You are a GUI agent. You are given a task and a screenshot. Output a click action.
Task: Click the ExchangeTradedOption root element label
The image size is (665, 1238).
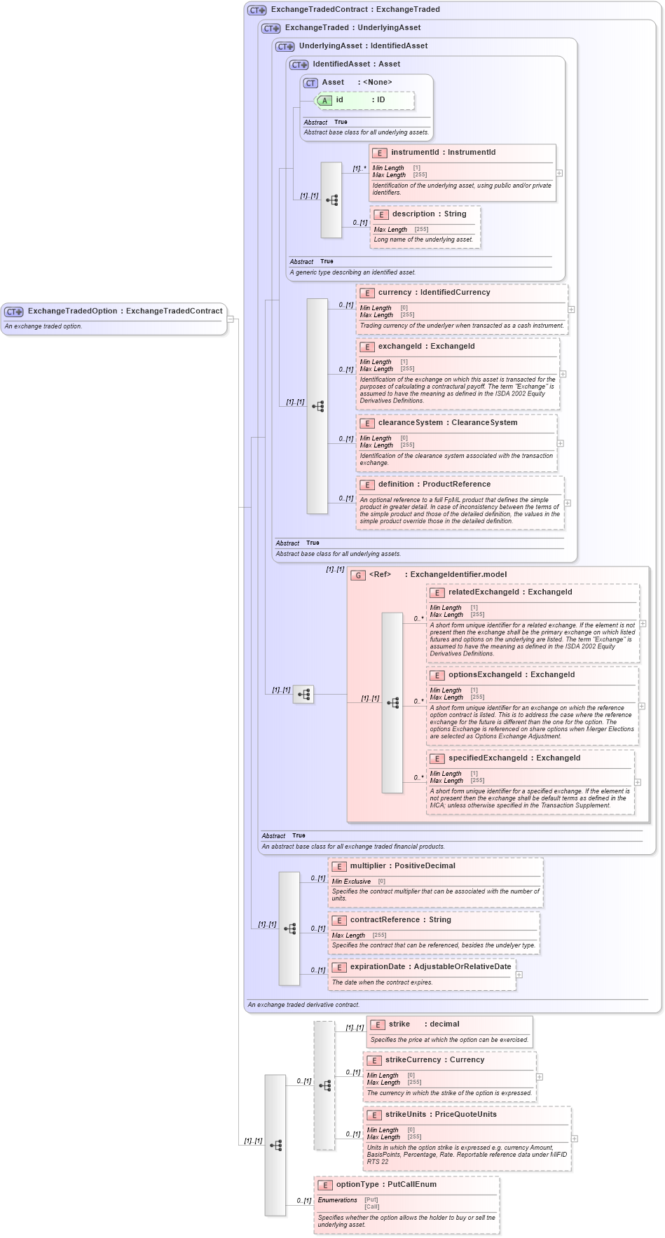[125, 311]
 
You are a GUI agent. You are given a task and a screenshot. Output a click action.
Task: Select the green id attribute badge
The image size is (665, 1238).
[324, 100]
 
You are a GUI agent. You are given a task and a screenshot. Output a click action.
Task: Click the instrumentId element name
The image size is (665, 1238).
[415, 152]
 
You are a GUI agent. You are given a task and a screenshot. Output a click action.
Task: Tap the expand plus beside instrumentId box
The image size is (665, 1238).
[559, 173]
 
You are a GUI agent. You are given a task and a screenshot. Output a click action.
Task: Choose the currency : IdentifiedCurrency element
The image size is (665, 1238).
[434, 293]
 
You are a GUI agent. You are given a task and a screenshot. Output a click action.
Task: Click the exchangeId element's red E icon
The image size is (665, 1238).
[366, 347]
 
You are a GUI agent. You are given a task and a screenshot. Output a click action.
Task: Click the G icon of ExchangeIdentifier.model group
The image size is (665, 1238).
[358, 575]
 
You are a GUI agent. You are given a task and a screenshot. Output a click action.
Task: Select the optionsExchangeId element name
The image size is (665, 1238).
[485, 675]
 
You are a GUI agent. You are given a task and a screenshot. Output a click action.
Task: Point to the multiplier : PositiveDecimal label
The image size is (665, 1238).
[402, 866]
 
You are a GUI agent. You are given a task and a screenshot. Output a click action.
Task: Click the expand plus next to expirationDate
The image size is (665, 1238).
[519, 974]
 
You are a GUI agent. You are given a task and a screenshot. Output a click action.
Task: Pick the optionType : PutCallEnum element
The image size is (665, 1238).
[385, 1185]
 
